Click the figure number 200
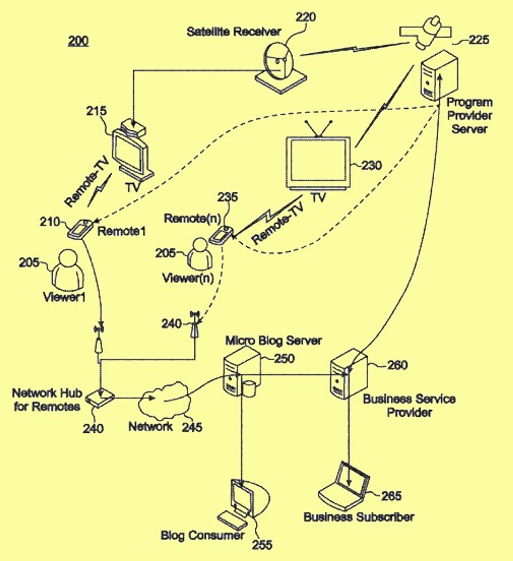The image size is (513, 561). pos(78,41)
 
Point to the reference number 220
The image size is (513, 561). pos(305,17)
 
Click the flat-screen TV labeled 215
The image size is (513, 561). pos(131,152)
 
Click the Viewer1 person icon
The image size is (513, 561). pos(68,270)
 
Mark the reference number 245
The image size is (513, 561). pos(192,427)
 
